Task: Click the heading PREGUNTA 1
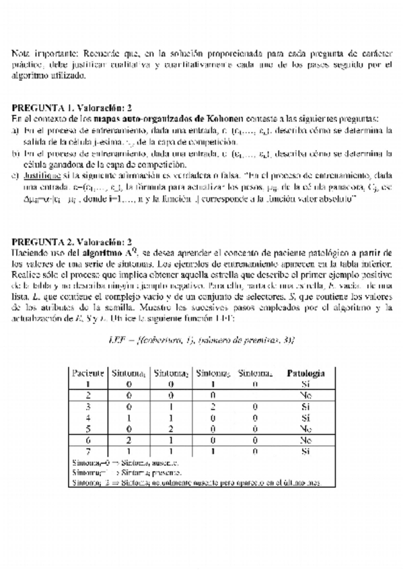coord(42,107)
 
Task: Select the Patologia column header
coord(305,372)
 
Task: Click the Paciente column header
coord(87,372)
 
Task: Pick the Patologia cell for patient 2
coord(305,395)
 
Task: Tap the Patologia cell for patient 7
coord(305,451)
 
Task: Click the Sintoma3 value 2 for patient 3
coord(213,406)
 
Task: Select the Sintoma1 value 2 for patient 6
coord(130,440)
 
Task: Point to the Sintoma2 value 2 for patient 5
coord(171,428)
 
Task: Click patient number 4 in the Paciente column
coord(87,417)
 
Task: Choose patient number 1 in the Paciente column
coord(87,383)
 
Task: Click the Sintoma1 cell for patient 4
coord(130,417)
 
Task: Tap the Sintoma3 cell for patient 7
coord(213,451)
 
